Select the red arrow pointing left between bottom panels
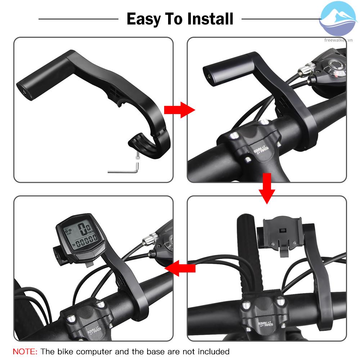click(181, 268)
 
